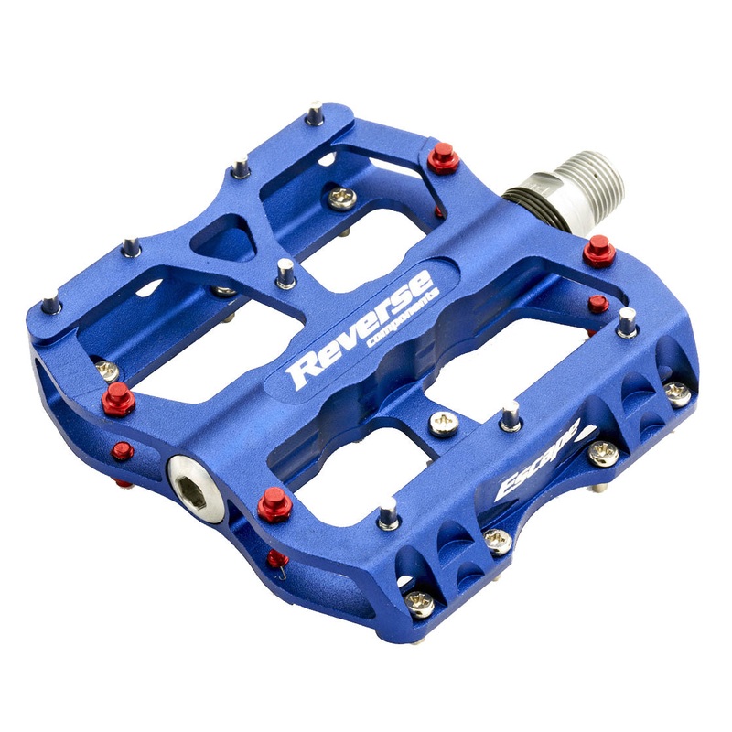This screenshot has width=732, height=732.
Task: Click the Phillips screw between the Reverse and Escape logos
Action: (443, 424)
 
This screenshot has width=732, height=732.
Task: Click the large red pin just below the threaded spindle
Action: (599, 249)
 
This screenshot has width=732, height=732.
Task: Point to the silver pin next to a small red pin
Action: (627, 320)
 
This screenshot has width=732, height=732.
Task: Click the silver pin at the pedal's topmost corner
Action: (314, 113)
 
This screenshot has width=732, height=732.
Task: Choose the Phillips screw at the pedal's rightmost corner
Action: (676, 392)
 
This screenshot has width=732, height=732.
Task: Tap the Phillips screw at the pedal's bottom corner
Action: (420, 602)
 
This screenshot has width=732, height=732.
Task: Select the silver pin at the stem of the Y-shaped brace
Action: (285, 271)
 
